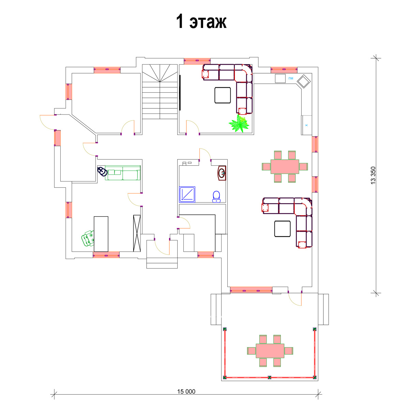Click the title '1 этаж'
[x=201, y=21]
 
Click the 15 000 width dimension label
[x=186, y=391]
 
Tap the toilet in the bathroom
[x=216, y=197]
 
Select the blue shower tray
[x=187, y=194]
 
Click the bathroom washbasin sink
[x=222, y=173]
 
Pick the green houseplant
[x=239, y=123]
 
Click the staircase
[x=160, y=91]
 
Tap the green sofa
[x=123, y=173]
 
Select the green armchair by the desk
[x=88, y=238]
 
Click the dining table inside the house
[x=285, y=167]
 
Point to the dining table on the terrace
[x=270, y=351]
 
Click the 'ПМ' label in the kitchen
[x=291, y=78]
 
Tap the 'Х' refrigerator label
[x=306, y=125]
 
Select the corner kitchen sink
[x=304, y=81]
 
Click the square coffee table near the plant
[x=223, y=95]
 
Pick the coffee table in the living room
[x=282, y=229]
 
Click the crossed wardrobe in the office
[x=137, y=233]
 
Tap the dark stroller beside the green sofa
[x=102, y=171]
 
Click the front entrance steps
[x=162, y=263]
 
